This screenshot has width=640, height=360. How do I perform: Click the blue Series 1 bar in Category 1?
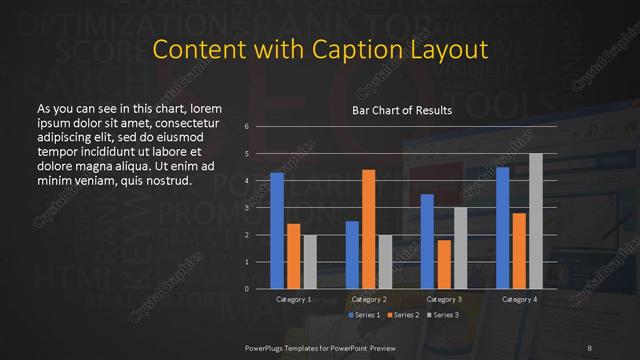tap(277, 231)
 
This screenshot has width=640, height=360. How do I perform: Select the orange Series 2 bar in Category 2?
tap(368, 229)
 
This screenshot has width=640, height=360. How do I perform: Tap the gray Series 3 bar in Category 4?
tap(536, 221)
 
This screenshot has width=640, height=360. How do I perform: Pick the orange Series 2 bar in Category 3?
tap(443, 264)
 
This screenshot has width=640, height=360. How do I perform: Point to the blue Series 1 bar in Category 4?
tap(503, 228)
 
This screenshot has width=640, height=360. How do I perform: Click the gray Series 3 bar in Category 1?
tap(310, 262)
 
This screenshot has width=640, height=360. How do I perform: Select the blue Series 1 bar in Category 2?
tap(352, 255)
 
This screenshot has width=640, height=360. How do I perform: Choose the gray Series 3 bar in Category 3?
tap(460, 248)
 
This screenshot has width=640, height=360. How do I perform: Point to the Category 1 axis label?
tap(293, 299)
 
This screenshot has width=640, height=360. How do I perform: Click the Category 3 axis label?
tap(443, 299)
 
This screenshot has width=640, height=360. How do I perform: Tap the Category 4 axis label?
tap(519, 299)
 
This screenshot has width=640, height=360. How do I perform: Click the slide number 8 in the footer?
tap(591, 347)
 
